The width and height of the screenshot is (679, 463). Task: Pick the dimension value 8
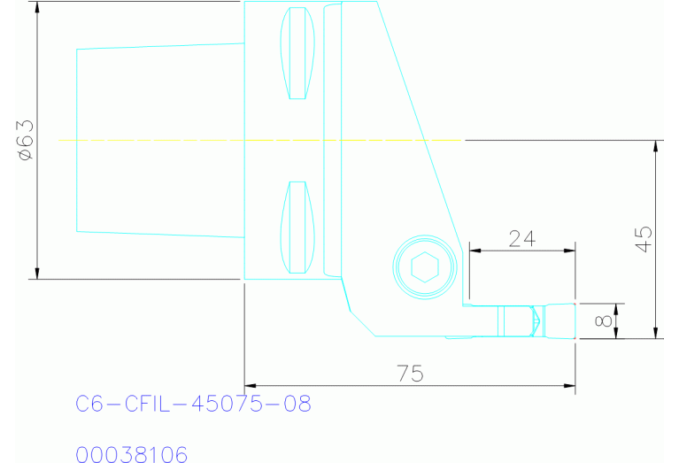[604, 321]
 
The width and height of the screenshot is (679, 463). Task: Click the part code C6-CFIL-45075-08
[193, 405]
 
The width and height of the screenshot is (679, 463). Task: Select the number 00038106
[132, 455]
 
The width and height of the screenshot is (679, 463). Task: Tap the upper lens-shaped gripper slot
[297, 54]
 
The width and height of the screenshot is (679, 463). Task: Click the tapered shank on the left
[159, 140]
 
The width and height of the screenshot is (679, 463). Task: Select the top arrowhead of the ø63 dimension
[37, 7]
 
